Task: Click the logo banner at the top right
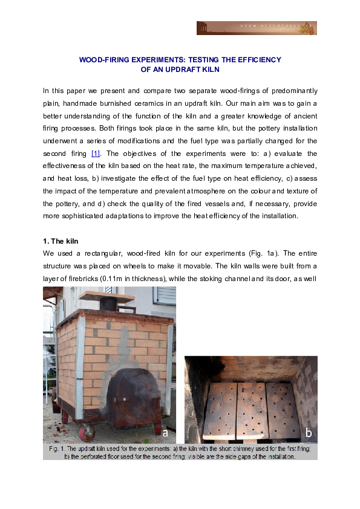tap(257, 28)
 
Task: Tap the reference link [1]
tap(95, 154)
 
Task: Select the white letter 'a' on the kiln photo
tap(165, 433)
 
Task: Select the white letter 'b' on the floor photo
tap(309, 433)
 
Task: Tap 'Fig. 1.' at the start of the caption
tap(56, 450)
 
